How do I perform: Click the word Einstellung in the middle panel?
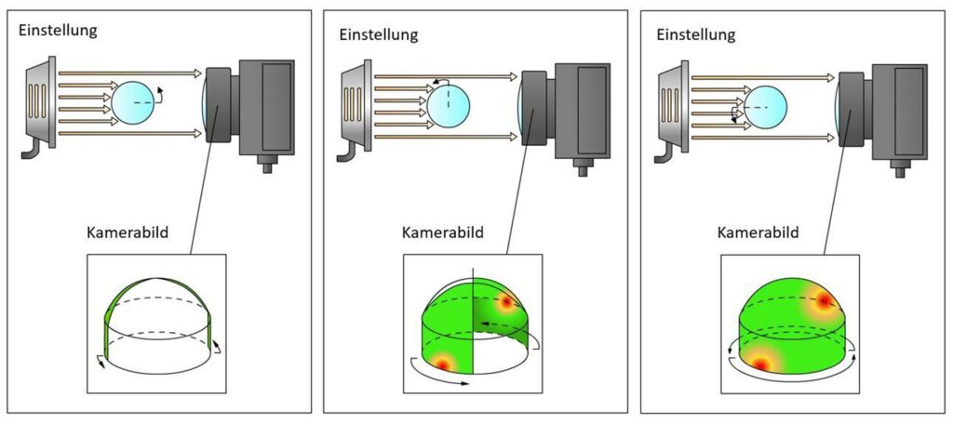point(378,34)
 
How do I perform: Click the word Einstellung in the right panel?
point(696,34)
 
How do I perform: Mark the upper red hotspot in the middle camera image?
point(506,302)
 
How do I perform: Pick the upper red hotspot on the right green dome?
point(824,300)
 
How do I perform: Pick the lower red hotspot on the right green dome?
point(761,364)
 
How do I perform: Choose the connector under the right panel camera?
point(899,169)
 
